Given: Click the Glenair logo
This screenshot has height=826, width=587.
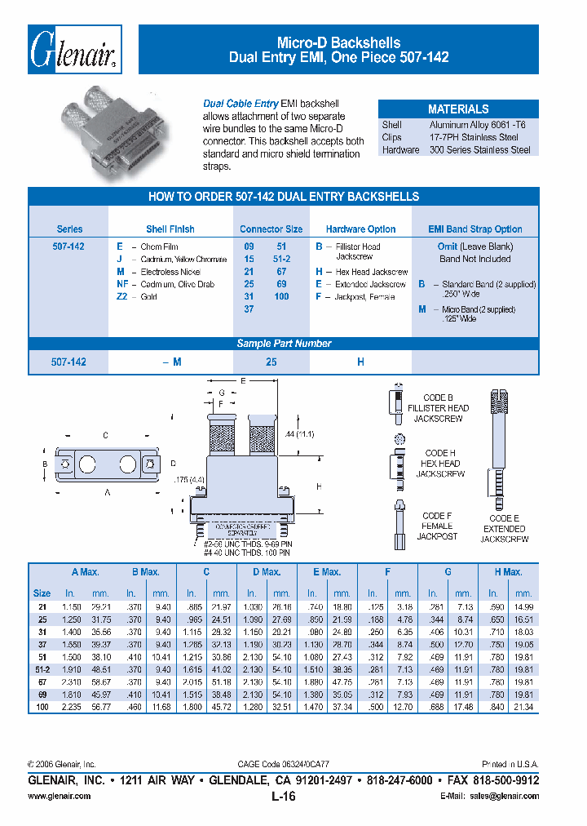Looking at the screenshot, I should pyautogui.click(x=74, y=51).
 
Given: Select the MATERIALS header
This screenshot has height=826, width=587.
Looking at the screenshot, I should pyautogui.click(x=458, y=109).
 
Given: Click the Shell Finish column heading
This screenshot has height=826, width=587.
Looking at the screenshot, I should pyautogui.click(x=170, y=229).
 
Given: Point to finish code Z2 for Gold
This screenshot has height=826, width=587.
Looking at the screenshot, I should pyautogui.click(x=124, y=296).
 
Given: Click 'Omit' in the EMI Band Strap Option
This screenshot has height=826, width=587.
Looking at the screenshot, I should pyautogui.click(x=448, y=246).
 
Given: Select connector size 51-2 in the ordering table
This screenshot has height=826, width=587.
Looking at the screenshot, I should pyautogui.click(x=281, y=259).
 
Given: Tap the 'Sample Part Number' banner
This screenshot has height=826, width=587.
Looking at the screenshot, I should pyautogui.click(x=284, y=344).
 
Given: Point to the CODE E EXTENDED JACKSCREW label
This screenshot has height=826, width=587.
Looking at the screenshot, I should pyautogui.click(x=504, y=529).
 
